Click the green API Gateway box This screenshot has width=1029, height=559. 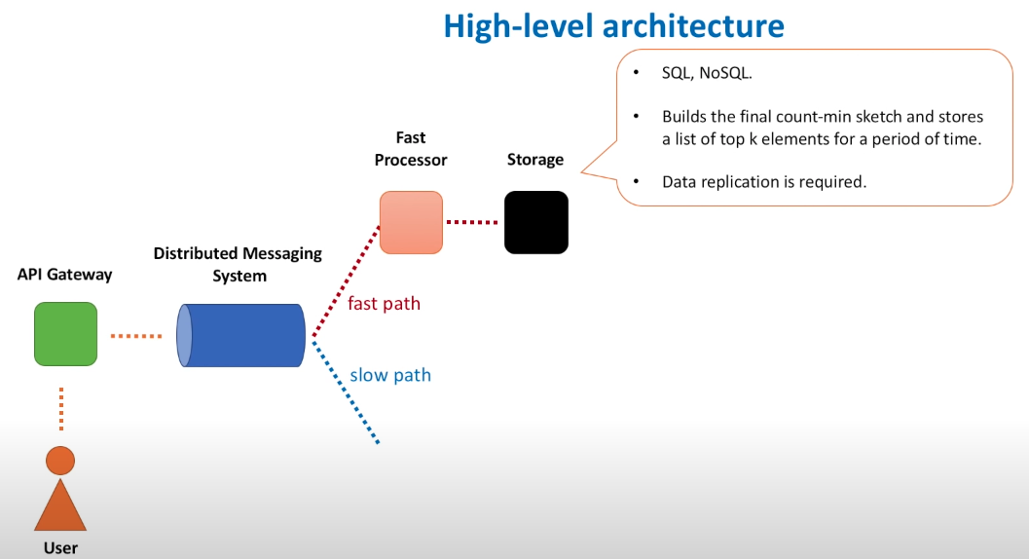(65, 334)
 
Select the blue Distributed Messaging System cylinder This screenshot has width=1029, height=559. (240, 335)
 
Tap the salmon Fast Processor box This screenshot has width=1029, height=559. (411, 223)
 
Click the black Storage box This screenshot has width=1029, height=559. (536, 223)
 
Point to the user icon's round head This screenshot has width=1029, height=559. (60, 461)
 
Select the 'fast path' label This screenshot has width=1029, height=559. (384, 304)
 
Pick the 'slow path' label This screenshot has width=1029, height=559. (390, 375)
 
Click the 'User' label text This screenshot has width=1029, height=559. (60, 548)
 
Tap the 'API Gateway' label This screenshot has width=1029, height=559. (64, 275)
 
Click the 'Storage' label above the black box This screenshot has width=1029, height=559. (535, 160)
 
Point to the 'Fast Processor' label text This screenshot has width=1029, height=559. (411, 148)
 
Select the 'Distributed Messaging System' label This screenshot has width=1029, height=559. (239, 264)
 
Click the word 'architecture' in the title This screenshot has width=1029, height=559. (693, 26)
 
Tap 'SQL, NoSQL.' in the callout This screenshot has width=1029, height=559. (707, 73)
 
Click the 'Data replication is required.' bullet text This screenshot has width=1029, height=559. (764, 182)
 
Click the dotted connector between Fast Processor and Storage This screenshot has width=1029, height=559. (472, 223)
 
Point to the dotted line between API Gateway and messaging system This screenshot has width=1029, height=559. (136, 336)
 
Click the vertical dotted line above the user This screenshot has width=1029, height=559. (61, 409)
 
